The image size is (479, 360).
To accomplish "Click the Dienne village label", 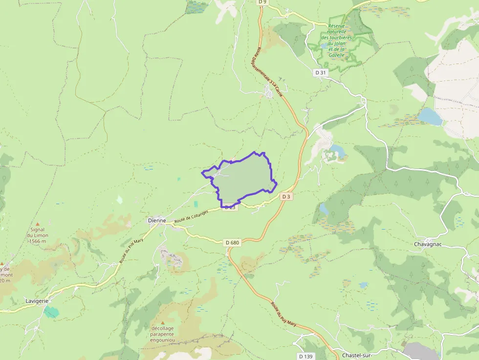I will click(157, 221).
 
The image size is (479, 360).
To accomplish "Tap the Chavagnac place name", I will click(428, 244).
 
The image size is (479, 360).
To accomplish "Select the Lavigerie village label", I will click(37, 301).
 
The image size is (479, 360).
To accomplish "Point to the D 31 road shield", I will click(321, 72).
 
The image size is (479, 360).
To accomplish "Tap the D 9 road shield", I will click(263, 2).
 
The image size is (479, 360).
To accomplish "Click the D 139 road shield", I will click(305, 356).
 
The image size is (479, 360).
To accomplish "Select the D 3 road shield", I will click(286, 196).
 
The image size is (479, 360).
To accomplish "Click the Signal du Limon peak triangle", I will click(37, 223).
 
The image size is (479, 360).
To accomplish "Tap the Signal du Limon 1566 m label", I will click(37, 235).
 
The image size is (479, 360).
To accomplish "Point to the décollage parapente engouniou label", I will click(163, 334).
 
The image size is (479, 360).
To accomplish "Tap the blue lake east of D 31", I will click(430, 116).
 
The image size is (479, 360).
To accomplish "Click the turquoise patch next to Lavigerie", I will click(51, 312).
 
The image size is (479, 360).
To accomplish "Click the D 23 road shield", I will click(230, 207).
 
